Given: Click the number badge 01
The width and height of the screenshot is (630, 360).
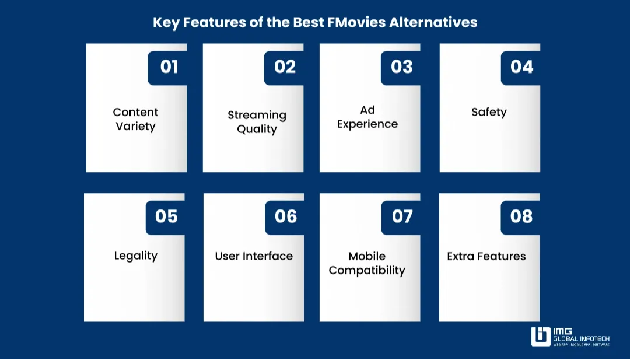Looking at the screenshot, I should coord(169,67).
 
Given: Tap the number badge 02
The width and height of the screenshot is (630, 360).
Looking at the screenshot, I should coord(285,67).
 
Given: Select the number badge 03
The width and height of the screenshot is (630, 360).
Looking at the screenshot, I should coord(401,67).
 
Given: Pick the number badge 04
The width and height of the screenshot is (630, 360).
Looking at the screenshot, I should coord(521,67).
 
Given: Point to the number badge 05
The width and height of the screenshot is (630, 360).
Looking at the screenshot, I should coord(166,216).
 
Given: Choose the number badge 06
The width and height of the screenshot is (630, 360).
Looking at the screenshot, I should coord(286,216).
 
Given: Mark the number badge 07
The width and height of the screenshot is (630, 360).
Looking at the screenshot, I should coord(402,216).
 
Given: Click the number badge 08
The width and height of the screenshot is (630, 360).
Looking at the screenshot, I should coord(521,216).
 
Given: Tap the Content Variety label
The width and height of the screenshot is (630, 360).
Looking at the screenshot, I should coord(135,119).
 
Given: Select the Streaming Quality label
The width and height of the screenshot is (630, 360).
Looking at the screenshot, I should coord(257,122).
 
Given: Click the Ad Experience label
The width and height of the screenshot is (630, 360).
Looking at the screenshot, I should coord(367,117).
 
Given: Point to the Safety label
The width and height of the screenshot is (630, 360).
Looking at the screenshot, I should coord(489,112).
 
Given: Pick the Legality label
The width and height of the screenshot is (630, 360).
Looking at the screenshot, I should coord(135,256).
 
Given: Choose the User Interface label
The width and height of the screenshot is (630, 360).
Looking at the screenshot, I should coord(254,256).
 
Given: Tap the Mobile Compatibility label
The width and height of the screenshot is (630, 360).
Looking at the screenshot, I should coord(367,263).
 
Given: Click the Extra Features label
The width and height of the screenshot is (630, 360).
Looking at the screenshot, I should coord(487,256).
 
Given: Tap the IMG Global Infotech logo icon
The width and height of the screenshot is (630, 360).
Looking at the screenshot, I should coord(541,337).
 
